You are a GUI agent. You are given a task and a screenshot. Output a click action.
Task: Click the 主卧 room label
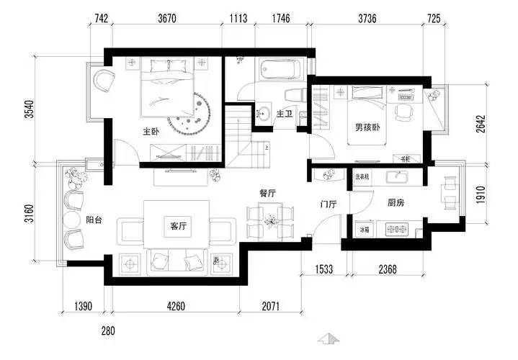click(151, 132)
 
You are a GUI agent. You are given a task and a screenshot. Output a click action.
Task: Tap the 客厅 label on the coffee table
click(178, 226)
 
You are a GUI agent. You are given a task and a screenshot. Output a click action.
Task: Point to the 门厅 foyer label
click(329, 204)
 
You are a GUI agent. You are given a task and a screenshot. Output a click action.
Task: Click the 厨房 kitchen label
click(395, 203)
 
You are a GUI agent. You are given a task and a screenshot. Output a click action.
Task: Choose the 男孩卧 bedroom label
click(367, 128)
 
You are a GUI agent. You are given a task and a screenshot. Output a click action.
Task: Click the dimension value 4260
click(177, 306)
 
